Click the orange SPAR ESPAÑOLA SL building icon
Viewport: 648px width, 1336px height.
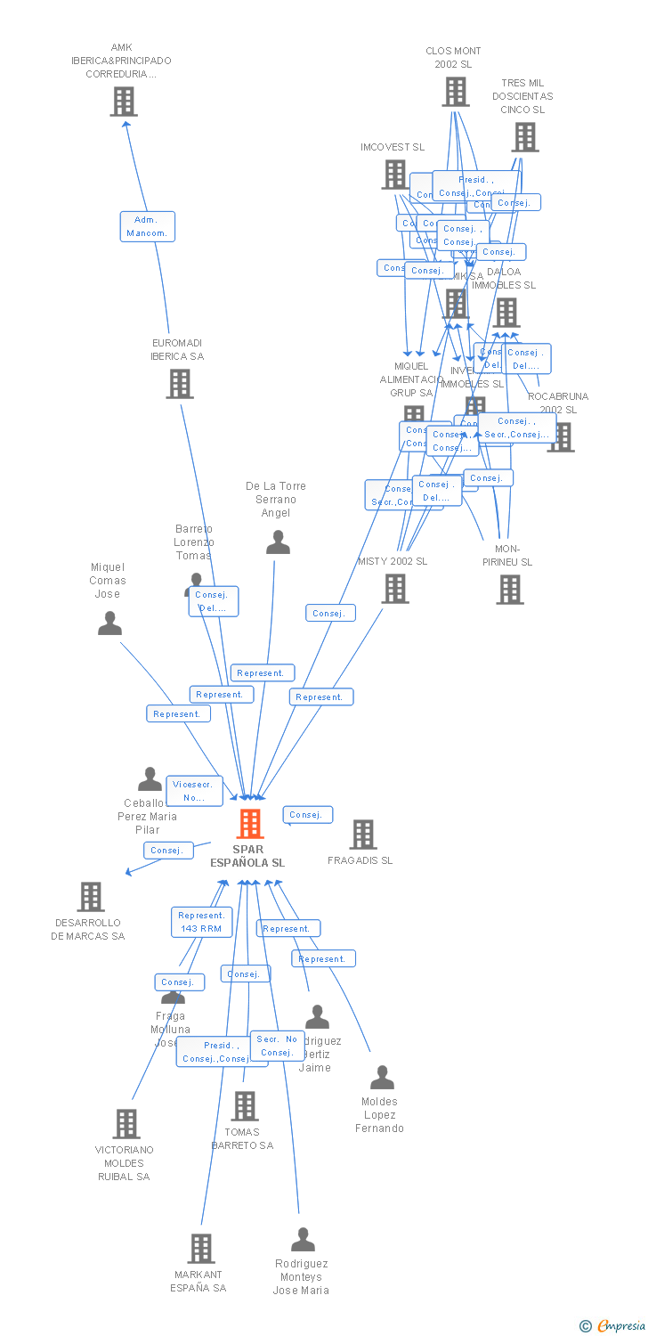(250, 823)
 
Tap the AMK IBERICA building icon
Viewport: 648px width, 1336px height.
(124, 102)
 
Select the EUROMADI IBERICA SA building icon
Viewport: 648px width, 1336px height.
(180, 383)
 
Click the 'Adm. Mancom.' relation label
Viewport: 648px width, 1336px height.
(148, 226)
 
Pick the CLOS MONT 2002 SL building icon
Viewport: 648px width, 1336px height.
(455, 91)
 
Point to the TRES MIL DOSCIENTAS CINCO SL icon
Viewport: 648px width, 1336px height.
(525, 136)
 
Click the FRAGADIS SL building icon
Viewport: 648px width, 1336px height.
(362, 835)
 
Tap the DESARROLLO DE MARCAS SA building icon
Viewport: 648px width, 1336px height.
(91, 896)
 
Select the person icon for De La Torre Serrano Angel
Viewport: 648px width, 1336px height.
(278, 542)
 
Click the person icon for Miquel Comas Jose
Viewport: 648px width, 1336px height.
(109, 623)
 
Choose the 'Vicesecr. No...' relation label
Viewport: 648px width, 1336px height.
(194, 791)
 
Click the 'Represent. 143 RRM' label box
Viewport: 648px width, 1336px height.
(201, 922)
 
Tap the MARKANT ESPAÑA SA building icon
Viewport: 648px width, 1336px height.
(201, 1248)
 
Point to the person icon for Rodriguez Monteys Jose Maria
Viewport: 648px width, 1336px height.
(303, 1239)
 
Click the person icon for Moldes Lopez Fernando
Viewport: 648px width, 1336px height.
(382, 1078)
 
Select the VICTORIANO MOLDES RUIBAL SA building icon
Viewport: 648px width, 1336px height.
(126, 1123)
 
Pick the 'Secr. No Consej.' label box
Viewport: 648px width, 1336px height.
(278, 1046)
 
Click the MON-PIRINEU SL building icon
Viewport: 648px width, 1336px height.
(510, 589)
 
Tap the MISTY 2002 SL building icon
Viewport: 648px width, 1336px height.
(395, 588)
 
